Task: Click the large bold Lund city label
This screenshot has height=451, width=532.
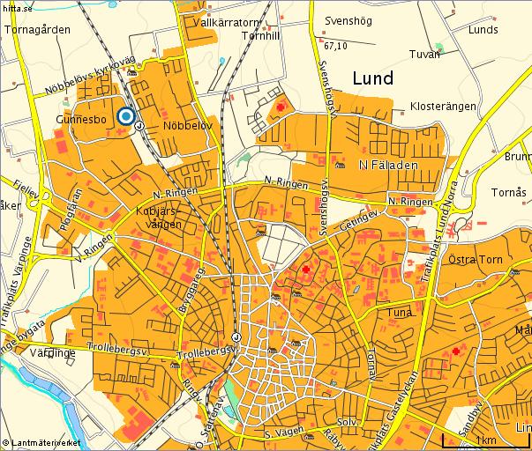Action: click(x=372, y=78)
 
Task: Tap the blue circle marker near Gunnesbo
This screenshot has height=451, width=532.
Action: click(x=126, y=116)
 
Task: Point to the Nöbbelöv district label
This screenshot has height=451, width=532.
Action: click(x=188, y=126)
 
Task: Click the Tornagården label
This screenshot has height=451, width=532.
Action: click(x=37, y=29)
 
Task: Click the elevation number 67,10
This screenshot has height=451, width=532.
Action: click(x=335, y=46)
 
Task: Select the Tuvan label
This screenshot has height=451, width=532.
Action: click(x=424, y=55)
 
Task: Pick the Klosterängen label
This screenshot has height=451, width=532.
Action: click(x=444, y=107)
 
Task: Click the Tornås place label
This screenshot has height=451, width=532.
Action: click(x=508, y=193)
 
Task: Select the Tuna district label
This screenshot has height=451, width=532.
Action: click(x=400, y=312)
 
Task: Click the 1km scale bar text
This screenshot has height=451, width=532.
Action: click(x=483, y=440)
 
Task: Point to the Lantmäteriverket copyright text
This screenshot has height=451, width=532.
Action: click(x=42, y=440)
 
